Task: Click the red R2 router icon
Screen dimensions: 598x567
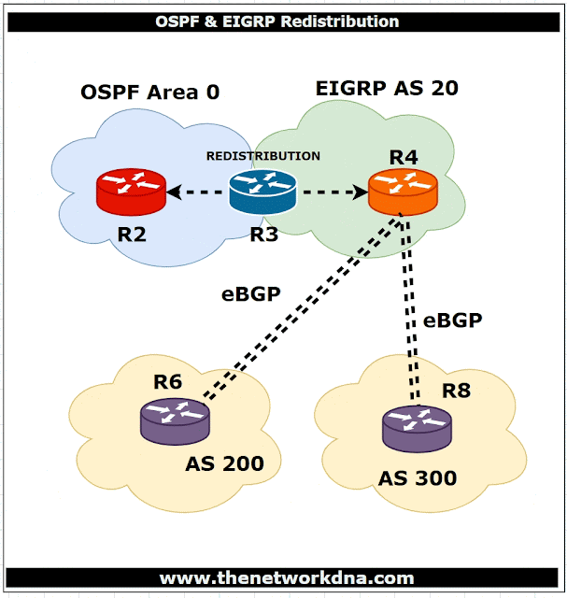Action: point(131,192)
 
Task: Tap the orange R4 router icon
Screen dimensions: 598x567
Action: point(402,192)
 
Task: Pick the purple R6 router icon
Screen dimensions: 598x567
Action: point(175,421)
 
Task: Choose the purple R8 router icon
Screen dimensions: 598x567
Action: point(417,431)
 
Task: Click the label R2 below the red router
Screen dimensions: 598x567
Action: point(132,234)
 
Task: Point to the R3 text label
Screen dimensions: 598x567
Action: point(263,234)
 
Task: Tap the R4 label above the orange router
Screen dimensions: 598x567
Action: point(403,156)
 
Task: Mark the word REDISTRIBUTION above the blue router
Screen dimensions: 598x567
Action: point(263,156)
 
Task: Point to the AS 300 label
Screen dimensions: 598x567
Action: point(418,478)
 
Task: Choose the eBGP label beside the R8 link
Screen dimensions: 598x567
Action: point(452,320)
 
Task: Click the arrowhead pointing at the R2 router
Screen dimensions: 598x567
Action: point(174,193)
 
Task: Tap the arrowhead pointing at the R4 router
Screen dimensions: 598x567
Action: point(360,193)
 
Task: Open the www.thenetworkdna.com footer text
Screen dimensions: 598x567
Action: point(285,577)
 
